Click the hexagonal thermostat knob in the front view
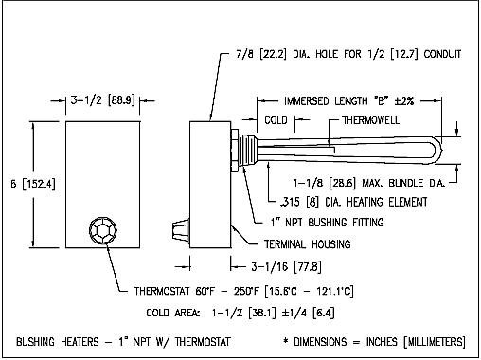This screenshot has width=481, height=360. click(103, 230)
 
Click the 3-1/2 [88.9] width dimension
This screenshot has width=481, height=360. click(102, 100)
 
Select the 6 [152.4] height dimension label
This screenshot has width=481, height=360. click(33, 184)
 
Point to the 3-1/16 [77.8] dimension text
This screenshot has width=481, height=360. click(286, 267)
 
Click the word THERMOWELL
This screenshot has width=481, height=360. click(371, 120)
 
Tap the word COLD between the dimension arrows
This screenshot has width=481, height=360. click(276, 120)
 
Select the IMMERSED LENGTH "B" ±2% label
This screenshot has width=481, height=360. click(348, 101)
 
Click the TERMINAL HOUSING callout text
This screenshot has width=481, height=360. click(308, 244)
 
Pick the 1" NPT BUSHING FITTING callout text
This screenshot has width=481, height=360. click(328, 223)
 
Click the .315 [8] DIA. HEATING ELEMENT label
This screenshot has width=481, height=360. click(353, 202)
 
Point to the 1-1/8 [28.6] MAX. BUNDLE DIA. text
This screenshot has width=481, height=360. click(369, 183)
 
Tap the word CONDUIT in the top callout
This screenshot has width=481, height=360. click(442, 54)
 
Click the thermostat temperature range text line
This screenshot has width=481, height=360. click(243, 291)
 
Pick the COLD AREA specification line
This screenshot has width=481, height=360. click(240, 313)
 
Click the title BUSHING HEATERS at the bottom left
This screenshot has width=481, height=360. click(58, 342)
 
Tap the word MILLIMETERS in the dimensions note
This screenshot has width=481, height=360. click(435, 342)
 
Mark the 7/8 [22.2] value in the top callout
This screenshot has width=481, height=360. click(261, 54)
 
